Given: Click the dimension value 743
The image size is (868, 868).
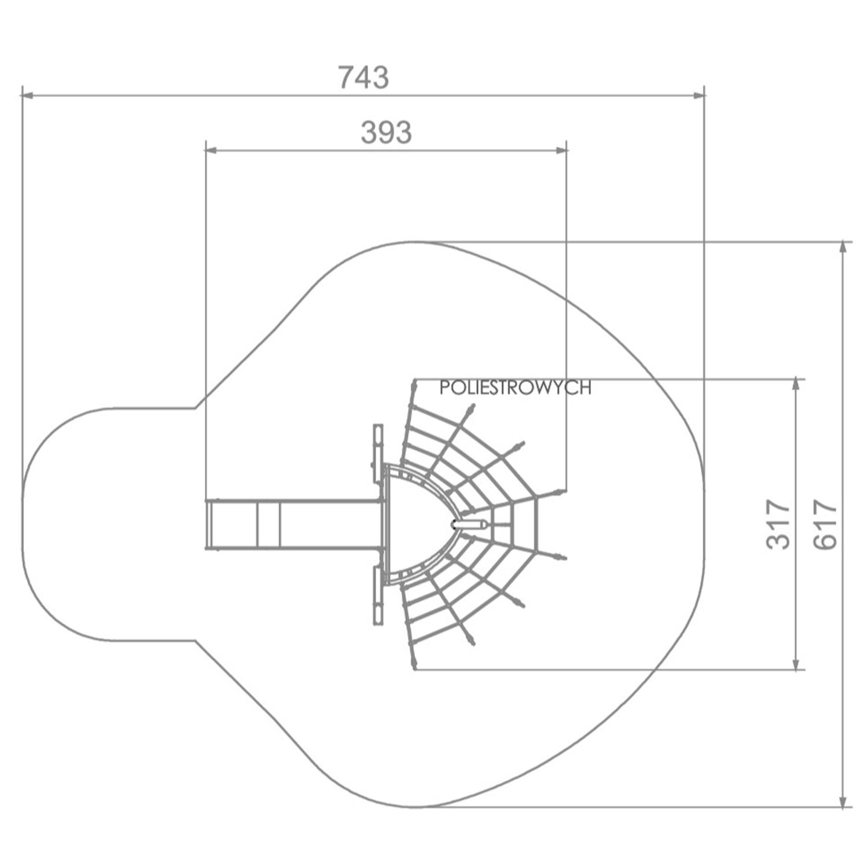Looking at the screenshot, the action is [x=363, y=77].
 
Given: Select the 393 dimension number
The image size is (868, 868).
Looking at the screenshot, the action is [x=386, y=133].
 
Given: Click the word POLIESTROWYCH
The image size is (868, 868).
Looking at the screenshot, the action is [x=515, y=388].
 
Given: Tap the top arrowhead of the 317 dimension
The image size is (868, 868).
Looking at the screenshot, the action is [x=797, y=386].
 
